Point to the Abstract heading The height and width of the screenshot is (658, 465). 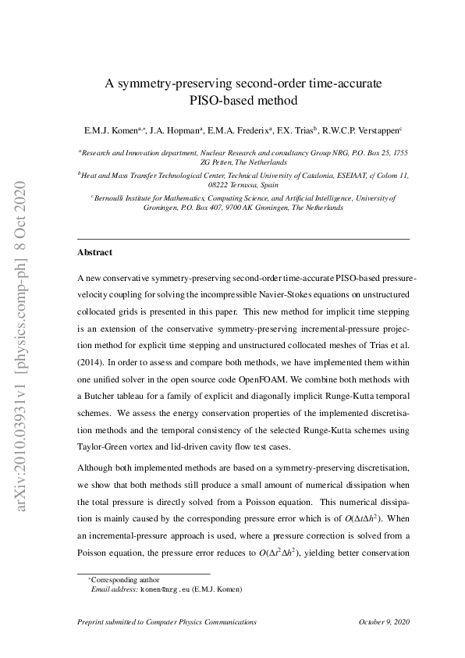pyautogui.click(x=95, y=253)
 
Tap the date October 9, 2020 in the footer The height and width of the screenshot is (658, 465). pyautogui.click(x=384, y=621)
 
